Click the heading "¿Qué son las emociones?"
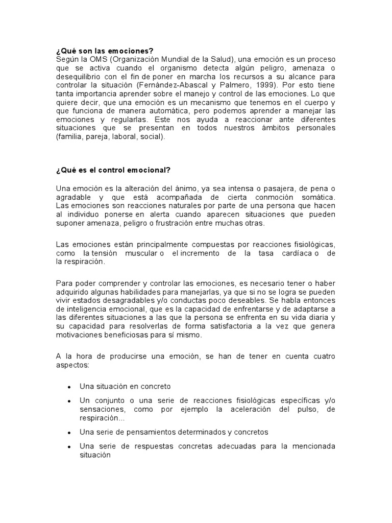click(104, 51)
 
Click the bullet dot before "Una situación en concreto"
click(68, 387)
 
